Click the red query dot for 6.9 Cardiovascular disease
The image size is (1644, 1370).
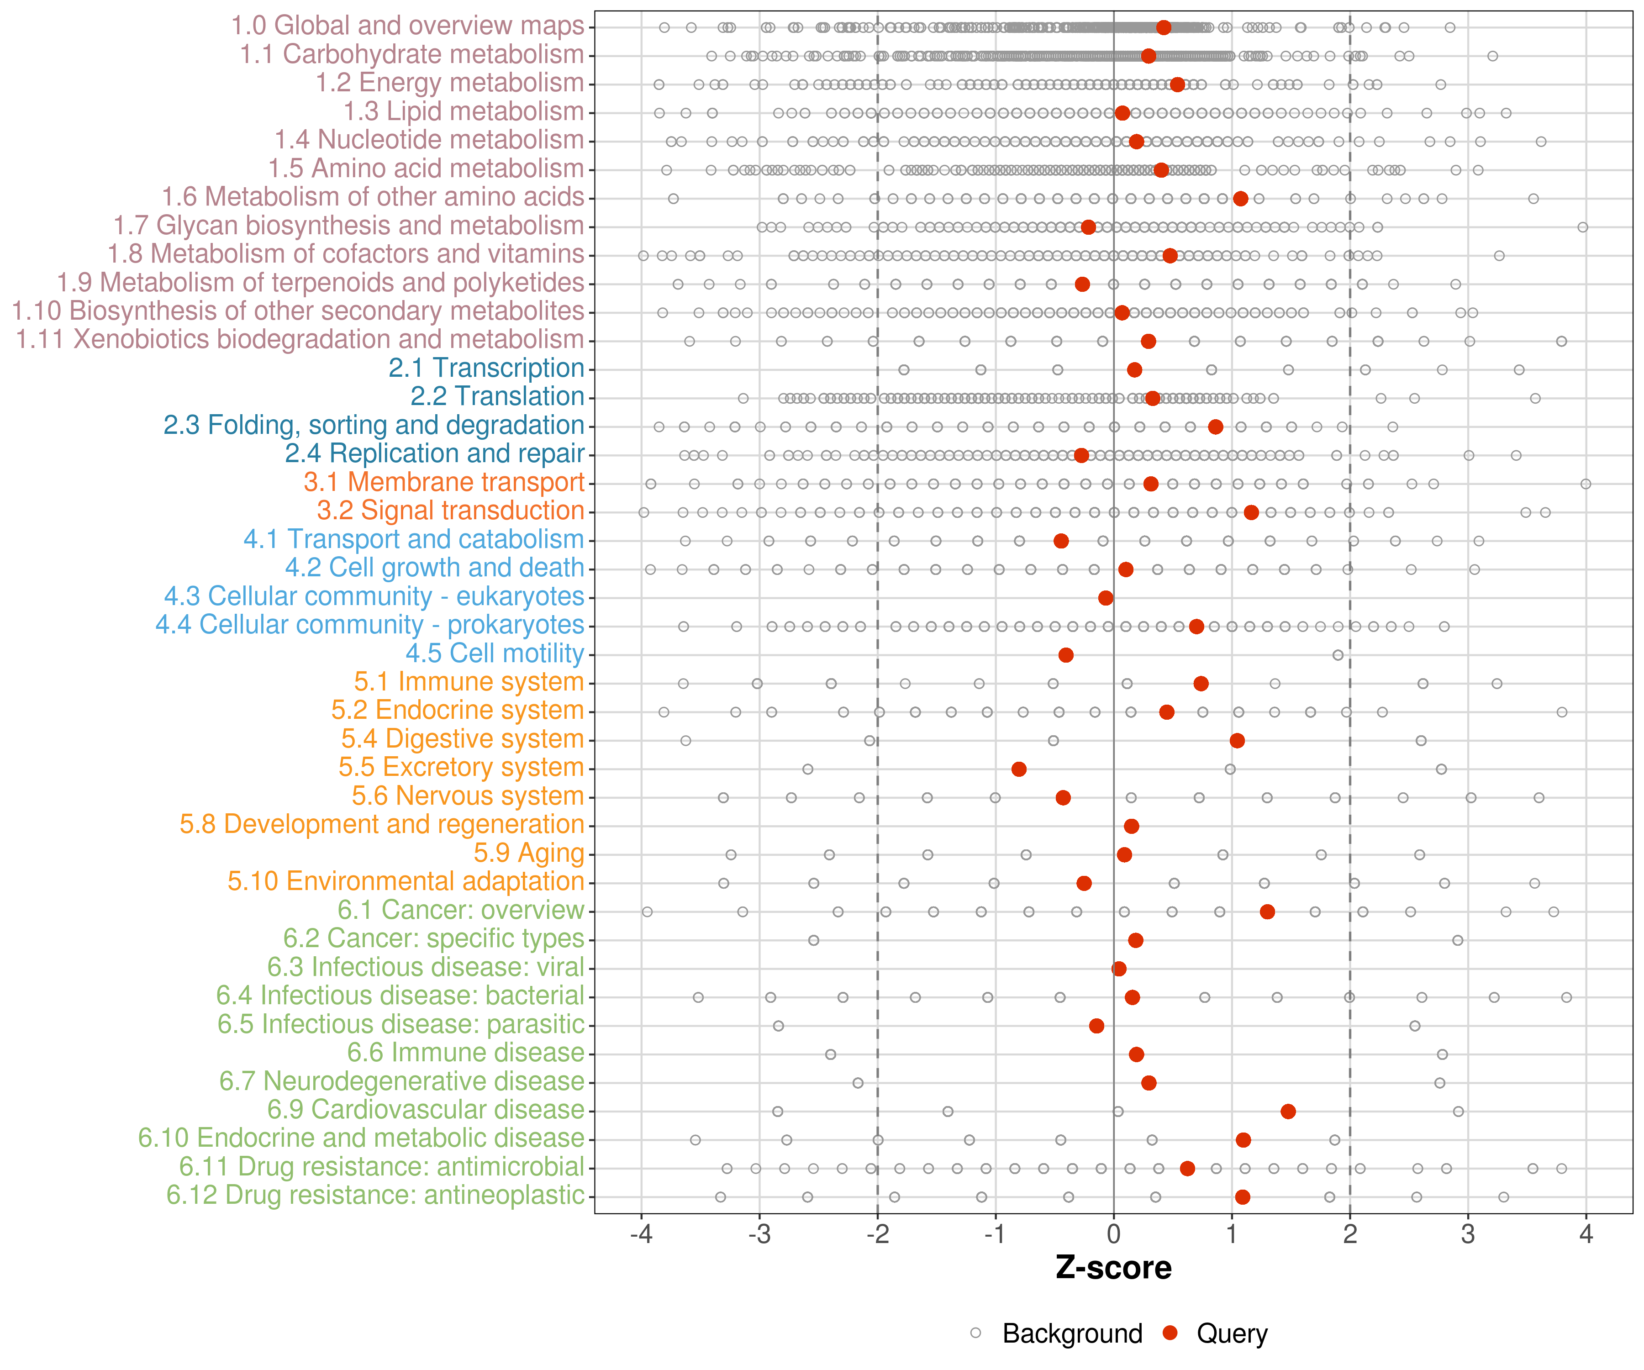(1288, 1111)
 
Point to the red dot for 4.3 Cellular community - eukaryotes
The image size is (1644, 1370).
(1106, 598)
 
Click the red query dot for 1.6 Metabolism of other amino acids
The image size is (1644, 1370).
(1240, 199)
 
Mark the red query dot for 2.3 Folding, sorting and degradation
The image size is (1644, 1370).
(1215, 427)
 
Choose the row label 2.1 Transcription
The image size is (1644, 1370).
(486, 368)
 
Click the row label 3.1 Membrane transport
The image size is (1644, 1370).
(444, 482)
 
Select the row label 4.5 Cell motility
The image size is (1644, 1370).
(495, 653)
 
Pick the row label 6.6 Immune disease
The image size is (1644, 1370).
(466, 1053)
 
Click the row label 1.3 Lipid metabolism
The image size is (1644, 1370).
(464, 112)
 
